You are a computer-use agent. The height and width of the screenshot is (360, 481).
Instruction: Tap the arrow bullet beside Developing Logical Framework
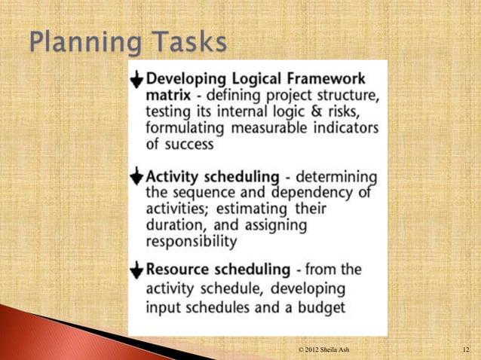point(136,80)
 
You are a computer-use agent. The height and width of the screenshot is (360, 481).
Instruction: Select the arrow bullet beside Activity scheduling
point(136,176)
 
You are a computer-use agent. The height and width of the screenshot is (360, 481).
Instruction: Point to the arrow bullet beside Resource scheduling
point(136,270)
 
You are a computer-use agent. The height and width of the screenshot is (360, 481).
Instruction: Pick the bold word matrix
point(167,96)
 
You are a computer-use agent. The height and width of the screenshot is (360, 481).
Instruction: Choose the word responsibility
point(191,241)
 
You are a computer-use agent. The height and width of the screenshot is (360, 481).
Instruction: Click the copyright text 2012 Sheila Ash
point(323,350)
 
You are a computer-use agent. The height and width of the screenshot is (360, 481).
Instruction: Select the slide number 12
point(466,350)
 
